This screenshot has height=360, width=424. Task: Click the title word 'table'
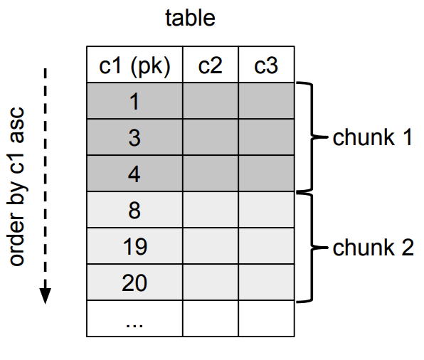(190, 18)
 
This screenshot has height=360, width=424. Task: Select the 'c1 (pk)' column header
(134, 65)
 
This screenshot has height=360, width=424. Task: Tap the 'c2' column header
(210, 65)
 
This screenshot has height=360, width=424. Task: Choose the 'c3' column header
(265, 65)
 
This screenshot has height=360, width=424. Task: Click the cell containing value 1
(134, 101)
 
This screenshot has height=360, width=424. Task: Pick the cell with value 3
(134, 137)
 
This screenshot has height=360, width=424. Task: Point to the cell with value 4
(134, 174)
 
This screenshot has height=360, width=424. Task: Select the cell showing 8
(134, 210)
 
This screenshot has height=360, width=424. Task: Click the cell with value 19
(134, 246)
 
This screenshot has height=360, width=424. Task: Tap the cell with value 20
(134, 282)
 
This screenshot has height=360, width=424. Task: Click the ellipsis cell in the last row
(134, 319)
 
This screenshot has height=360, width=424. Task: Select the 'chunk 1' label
(372, 137)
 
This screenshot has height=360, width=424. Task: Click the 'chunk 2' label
(372, 248)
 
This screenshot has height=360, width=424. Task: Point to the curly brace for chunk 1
(309, 137)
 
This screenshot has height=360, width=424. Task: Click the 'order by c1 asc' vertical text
(18, 186)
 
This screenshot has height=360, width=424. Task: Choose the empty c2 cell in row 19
(210, 246)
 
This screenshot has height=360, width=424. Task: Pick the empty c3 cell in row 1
(265, 101)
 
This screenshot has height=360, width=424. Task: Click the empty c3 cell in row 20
(265, 282)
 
